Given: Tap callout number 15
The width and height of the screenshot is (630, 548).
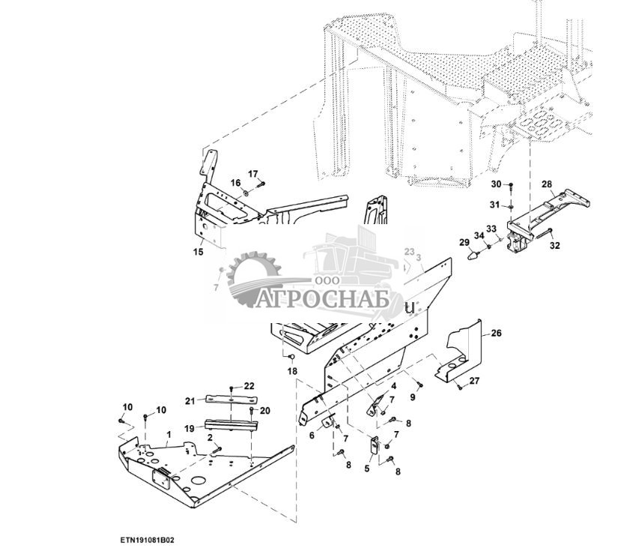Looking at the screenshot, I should pyautogui.click(x=199, y=252).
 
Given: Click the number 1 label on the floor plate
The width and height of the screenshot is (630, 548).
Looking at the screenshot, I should pyautogui.click(x=169, y=434).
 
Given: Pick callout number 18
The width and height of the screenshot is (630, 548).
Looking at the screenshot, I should pyautogui.click(x=292, y=371).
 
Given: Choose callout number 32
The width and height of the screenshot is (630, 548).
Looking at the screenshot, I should pyautogui.click(x=554, y=245).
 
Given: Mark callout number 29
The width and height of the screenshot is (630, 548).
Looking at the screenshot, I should pyautogui.click(x=464, y=241).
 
